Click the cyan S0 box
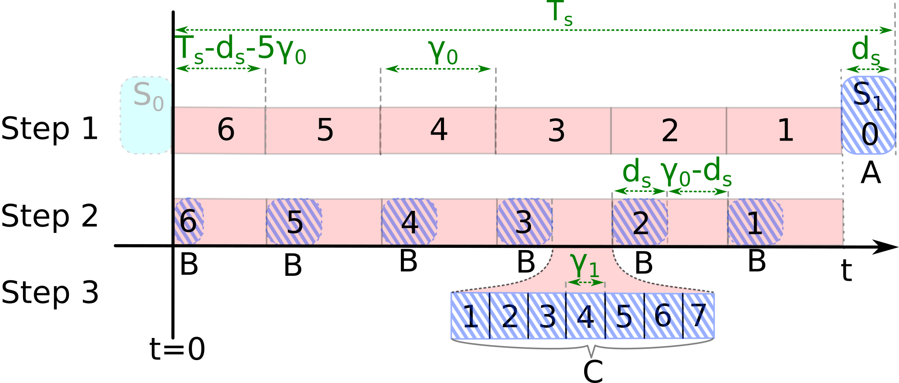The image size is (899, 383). point(146,115)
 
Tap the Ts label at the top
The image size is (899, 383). point(559,13)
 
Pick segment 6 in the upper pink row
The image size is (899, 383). point(220,131)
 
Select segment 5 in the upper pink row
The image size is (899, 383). point(323,131)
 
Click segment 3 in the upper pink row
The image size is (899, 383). point(554,131)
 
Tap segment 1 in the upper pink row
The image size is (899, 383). point(784,131)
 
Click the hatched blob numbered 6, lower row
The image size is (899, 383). point(189,222)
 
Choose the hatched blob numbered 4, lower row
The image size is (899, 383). point(409,222)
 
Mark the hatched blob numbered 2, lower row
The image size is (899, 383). point(640,222)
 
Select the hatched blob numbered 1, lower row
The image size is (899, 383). point(755,222)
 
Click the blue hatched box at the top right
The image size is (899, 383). point(868,115)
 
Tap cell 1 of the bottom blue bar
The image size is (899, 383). point(470,315)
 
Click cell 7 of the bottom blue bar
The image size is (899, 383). point(699,315)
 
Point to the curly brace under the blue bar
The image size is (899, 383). point(591,349)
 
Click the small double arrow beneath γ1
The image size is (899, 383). point(585,283)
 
